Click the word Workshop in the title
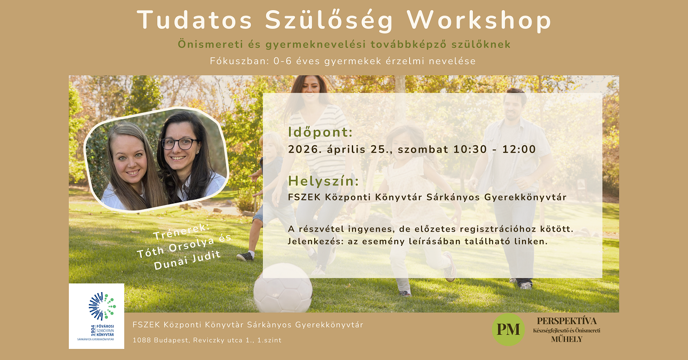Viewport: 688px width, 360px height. click(x=479, y=21)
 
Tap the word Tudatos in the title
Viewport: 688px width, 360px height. click(x=194, y=21)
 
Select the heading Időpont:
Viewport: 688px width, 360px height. click(x=321, y=132)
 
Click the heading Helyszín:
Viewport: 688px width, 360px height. click(x=323, y=181)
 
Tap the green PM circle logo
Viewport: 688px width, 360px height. click(x=508, y=329)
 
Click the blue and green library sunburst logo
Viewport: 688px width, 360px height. click(x=102, y=305)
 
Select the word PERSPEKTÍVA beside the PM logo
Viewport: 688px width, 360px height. click(x=567, y=321)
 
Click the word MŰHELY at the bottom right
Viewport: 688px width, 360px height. click(x=567, y=339)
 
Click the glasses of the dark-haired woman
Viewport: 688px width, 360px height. click(x=179, y=144)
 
